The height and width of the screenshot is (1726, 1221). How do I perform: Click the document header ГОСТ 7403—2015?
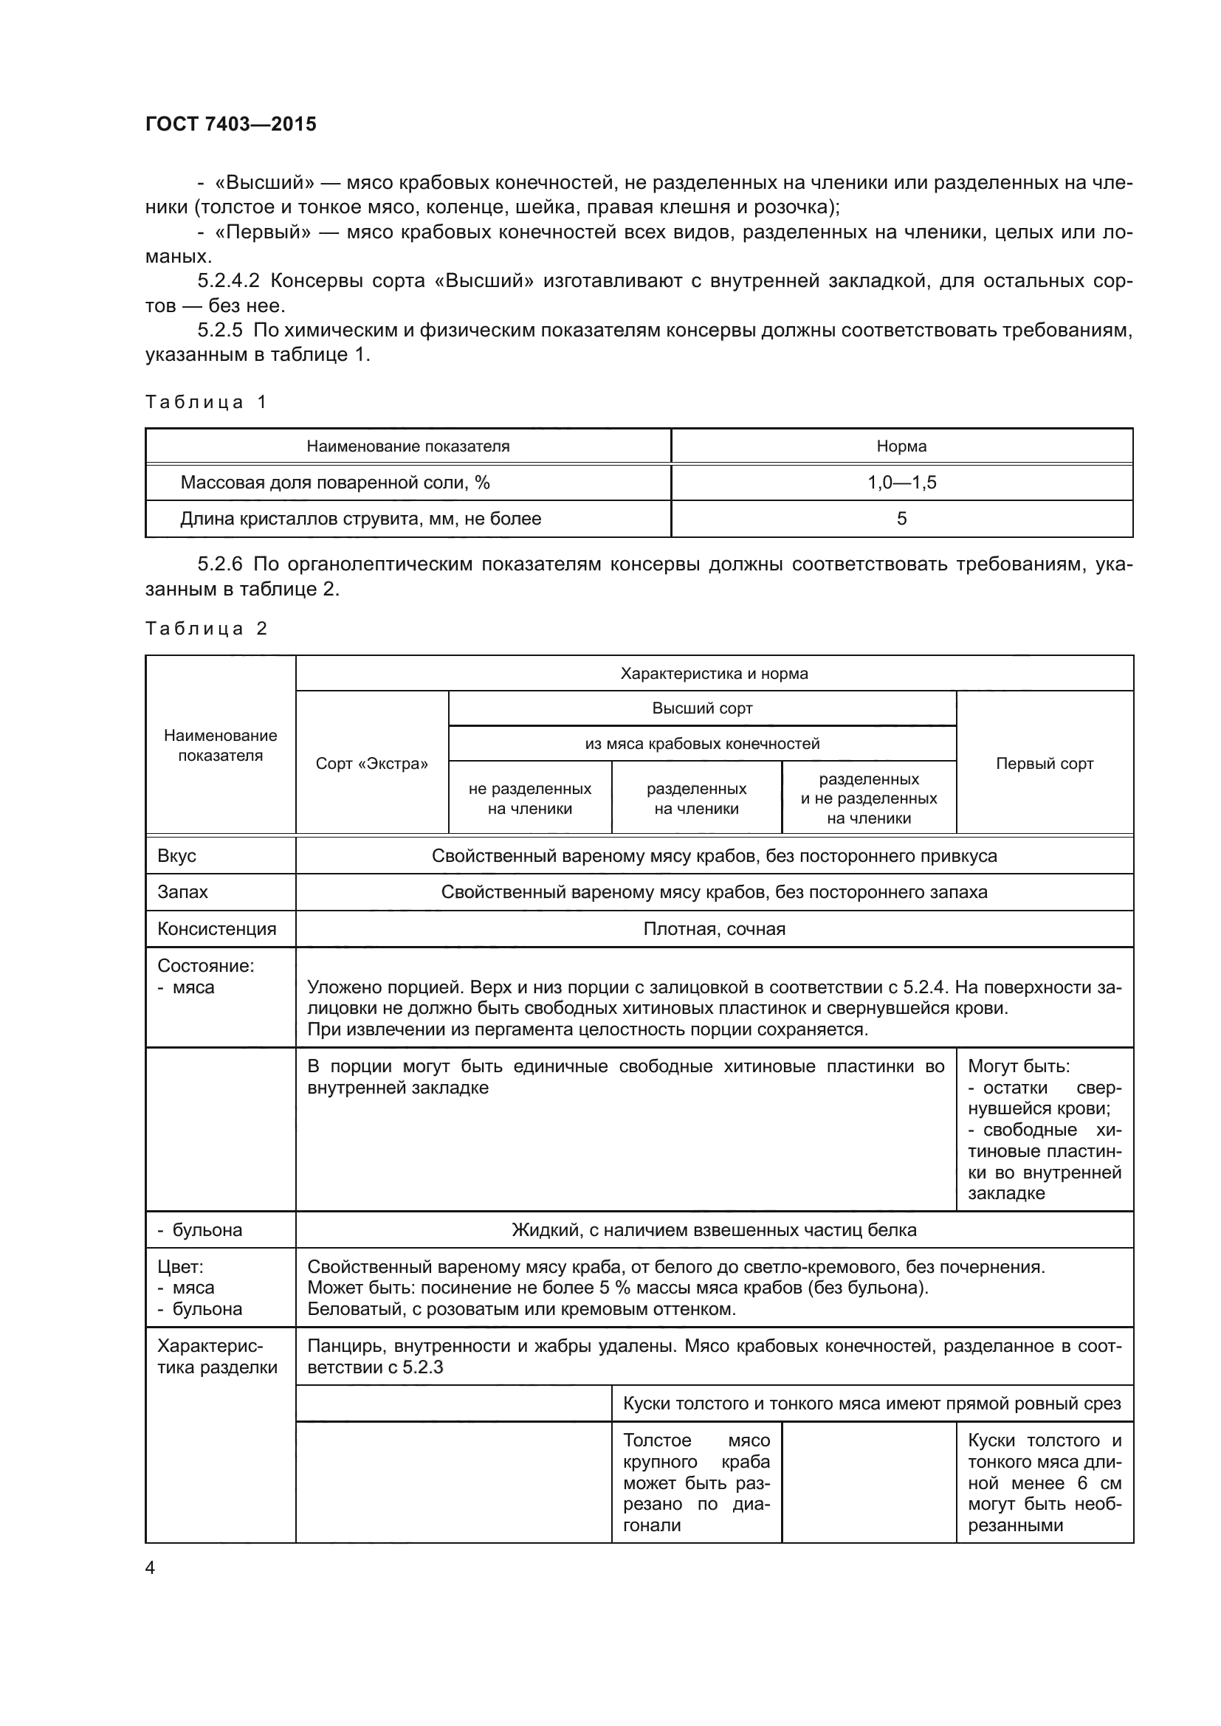tap(231, 124)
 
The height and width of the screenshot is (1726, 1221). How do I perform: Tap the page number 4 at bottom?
tap(151, 1567)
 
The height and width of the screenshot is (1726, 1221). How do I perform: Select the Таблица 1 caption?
tap(206, 402)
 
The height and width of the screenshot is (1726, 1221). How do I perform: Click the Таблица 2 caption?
tap(206, 629)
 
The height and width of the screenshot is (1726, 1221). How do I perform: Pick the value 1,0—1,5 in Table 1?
tap(901, 483)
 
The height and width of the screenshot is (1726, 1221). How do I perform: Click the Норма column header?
tap(901, 446)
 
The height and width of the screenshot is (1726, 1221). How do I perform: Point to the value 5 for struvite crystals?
tap(901, 519)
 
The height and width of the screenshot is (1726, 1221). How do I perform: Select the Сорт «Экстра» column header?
tap(371, 764)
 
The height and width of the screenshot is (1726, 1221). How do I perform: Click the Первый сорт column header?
tap(1045, 764)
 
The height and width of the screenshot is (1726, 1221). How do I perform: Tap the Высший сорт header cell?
tap(702, 708)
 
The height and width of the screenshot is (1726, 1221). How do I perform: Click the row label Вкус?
tap(176, 856)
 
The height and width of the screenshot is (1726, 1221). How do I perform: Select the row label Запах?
tap(182, 892)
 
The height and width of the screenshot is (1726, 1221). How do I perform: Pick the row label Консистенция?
tap(216, 929)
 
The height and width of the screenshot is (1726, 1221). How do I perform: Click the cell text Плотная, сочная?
tap(715, 929)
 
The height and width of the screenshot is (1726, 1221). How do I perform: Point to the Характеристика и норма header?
tap(715, 674)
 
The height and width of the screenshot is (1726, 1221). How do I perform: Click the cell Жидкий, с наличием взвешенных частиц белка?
tap(715, 1230)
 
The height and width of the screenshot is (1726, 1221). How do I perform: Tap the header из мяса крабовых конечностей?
tap(702, 745)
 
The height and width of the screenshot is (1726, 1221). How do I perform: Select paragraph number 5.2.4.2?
tap(229, 281)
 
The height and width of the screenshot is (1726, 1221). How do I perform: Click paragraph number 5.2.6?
tap(220, 564)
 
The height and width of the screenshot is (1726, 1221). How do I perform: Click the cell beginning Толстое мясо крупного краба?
tap(696, 1482)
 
